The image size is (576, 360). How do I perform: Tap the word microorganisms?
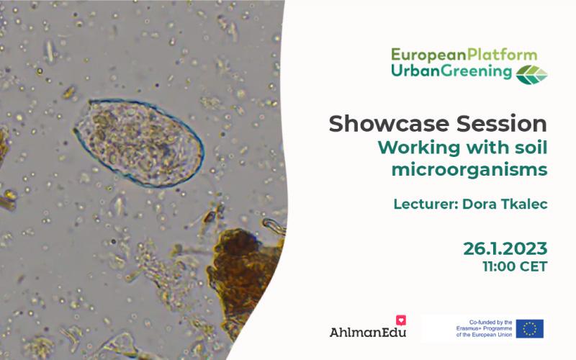pyautogui.click(x=469, y=170)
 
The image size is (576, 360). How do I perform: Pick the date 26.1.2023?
pyautogui.click(x=505, y=248)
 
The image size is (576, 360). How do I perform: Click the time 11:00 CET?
pyautogui.click(x=515, y=266)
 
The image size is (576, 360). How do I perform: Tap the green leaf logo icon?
pyautogui.click(x=531, y=75)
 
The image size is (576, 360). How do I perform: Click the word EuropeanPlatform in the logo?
pyautogui.click(x=464, y=55)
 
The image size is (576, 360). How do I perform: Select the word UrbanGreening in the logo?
pyautogui.click(x=451, y=71)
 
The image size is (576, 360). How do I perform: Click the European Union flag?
pyautogui.click(x=529, y=328)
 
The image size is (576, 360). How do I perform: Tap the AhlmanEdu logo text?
pyautogui.click(x=368, y=333)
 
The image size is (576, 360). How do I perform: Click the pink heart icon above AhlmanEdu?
pyautogui.click(x=401, y=320)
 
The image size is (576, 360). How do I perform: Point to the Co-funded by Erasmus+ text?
pyautogui.click(x=484, y=328)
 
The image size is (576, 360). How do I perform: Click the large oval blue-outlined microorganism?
pyautogui.click(x=138, y=143)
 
